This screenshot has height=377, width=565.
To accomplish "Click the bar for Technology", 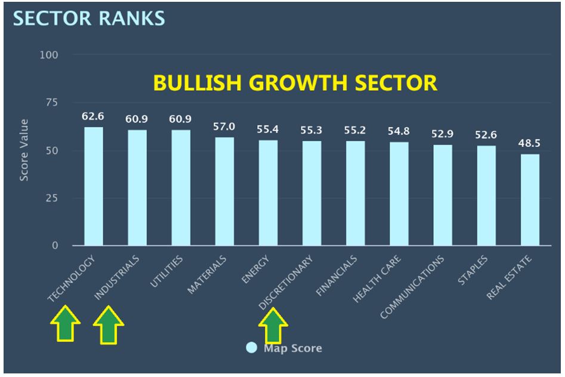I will click(93, 186).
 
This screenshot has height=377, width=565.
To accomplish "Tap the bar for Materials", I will click(224, 191).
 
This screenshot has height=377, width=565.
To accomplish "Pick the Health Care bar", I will click(399, 194).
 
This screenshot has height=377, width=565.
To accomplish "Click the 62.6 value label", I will click(93, 116).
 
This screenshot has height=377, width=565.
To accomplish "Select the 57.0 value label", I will click(224, 126).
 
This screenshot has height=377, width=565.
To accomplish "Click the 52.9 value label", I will click(443, 133).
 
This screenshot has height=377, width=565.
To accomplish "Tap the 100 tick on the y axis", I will click(48, 55).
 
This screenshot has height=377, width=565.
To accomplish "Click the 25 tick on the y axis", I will click(52, 198).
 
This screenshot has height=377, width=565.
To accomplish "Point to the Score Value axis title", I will click(24, 150).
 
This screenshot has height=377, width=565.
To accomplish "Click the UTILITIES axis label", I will click(167, 272).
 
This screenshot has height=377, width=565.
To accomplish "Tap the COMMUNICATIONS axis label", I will click(413, 286).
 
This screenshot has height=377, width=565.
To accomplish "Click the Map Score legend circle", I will click(252, 348).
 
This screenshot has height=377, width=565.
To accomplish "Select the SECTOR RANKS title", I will click(89, 18).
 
